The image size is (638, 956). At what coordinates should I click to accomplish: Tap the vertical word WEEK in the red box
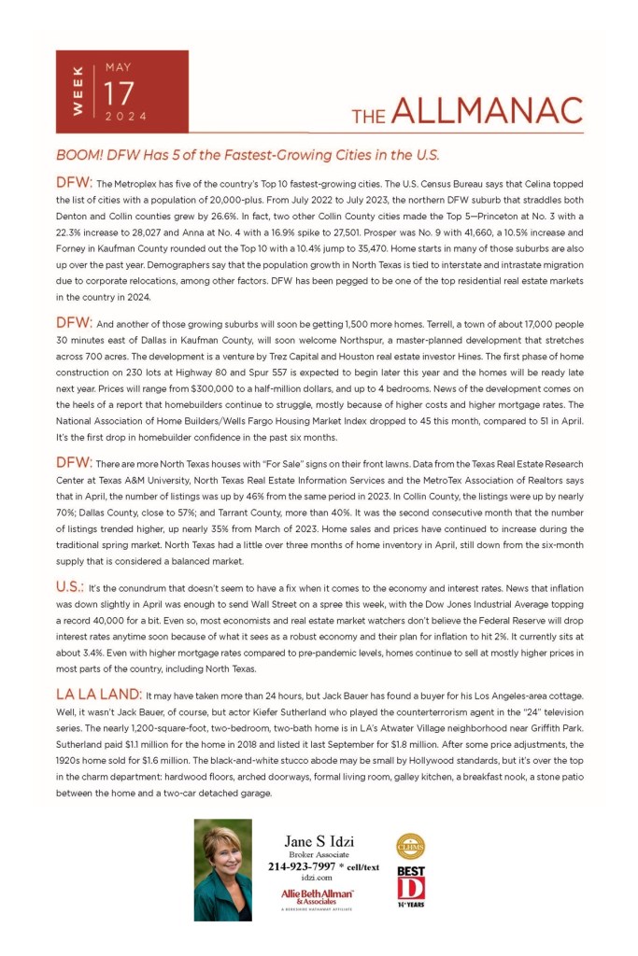[78, 92]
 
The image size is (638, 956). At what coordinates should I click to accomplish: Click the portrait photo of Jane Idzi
[222, 869]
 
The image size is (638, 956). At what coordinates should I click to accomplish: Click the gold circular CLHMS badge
[411, 846]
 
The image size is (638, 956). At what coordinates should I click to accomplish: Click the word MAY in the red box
[119, 68]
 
